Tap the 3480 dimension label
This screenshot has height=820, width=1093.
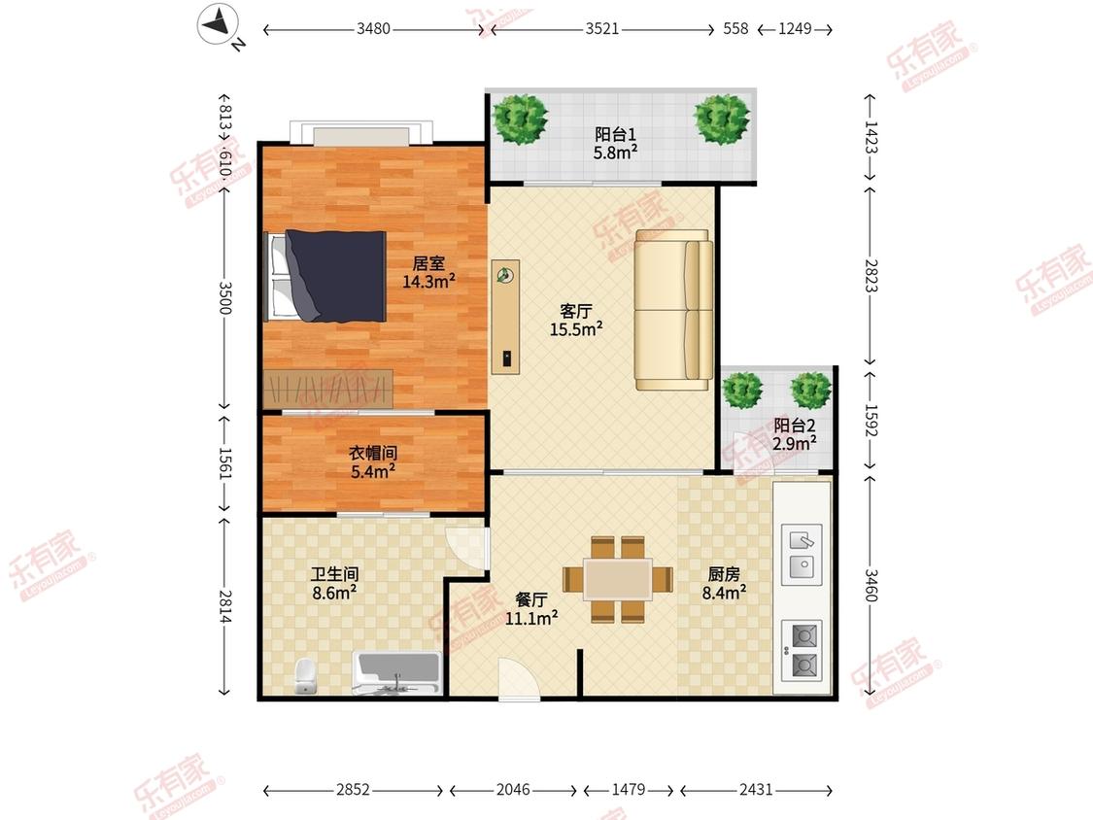374,28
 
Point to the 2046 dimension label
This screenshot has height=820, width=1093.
513,789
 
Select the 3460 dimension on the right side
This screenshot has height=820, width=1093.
871,586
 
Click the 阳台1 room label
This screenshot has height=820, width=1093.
615,134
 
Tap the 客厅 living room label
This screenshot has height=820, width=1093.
576,311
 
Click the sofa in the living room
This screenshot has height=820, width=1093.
673,310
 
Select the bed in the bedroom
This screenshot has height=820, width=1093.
326,276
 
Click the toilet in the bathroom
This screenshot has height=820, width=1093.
305,675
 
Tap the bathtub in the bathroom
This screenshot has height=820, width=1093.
396,673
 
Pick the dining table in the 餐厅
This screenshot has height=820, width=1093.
618,579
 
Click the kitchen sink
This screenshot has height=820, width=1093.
801,555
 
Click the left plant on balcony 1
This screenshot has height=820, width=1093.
520,120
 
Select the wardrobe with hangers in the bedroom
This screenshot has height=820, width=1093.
328,388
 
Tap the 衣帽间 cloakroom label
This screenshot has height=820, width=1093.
373,453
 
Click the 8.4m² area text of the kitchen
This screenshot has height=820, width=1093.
724,593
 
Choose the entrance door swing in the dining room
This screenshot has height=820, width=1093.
520,678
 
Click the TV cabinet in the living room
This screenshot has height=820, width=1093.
505,318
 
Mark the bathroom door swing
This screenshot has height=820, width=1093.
465,550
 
